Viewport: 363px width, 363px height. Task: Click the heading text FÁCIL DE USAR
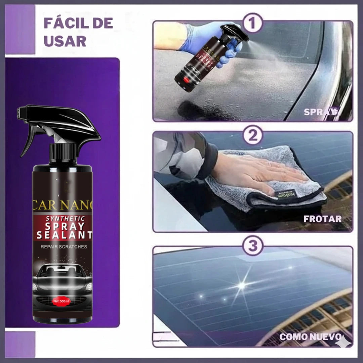click(78, 32)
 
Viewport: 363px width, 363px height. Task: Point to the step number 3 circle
click(253, 246)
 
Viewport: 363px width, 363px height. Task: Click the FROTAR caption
click(322, 219)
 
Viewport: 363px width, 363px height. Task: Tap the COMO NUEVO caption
click(311, 336)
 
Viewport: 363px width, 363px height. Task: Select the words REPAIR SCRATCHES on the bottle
click(64, 247)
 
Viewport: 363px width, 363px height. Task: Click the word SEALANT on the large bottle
click(64, 235)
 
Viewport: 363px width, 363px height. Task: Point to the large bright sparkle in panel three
click(241, 285)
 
